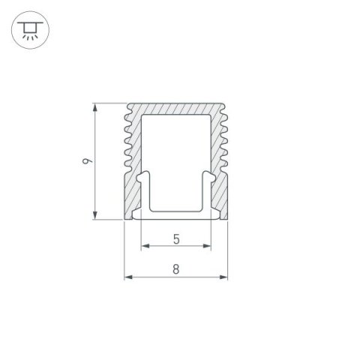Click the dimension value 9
pos(88,161)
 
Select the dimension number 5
pos(175,239)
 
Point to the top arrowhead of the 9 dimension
pos(95,107)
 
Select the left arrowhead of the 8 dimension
pos(127,277)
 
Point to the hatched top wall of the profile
pos(175,109)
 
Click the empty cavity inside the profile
pos(175,150)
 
